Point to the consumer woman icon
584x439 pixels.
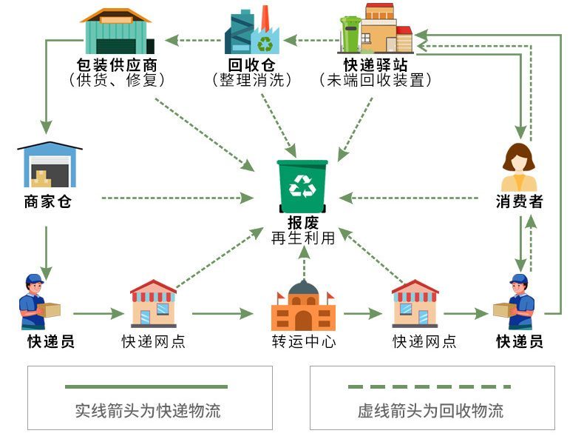[519, 167]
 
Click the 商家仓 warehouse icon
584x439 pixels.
[48, 165]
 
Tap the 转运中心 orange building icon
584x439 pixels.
[303, 306]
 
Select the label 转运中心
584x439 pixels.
[303, 342]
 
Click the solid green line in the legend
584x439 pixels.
[146, 386]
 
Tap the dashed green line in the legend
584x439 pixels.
[429, 386]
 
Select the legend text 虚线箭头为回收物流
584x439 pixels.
[430, 411]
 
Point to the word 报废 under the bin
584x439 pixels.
[303, 223]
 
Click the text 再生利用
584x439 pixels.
[303, 238]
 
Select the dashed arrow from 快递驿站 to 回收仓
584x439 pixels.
[310, 35]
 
